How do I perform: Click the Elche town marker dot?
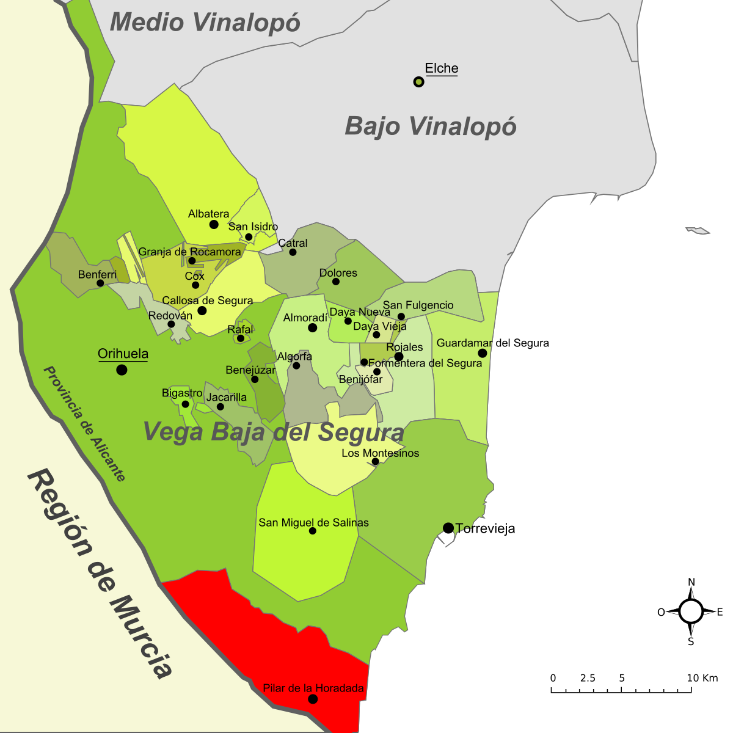(418, 81)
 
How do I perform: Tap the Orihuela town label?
(123, 354)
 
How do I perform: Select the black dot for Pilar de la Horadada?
(313, 699)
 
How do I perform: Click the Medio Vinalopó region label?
(205, 23)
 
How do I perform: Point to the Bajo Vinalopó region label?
(431, 126)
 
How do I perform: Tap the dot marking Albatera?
(214, 224)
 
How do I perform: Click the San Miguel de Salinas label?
(313, 522)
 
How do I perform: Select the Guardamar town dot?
(483, 353)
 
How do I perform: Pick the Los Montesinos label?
(380, 453)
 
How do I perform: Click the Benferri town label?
(97, 274)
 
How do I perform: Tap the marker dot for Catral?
(293, 252)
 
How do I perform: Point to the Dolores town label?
(338, 272)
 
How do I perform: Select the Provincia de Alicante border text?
(84, 424)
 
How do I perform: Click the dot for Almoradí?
(312, 328)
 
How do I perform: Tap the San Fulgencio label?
(418, 305)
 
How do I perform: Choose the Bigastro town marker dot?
(185, 404)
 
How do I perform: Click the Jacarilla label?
(227, 397)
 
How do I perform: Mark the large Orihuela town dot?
(122, 370)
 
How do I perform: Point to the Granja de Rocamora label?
(189, 252)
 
